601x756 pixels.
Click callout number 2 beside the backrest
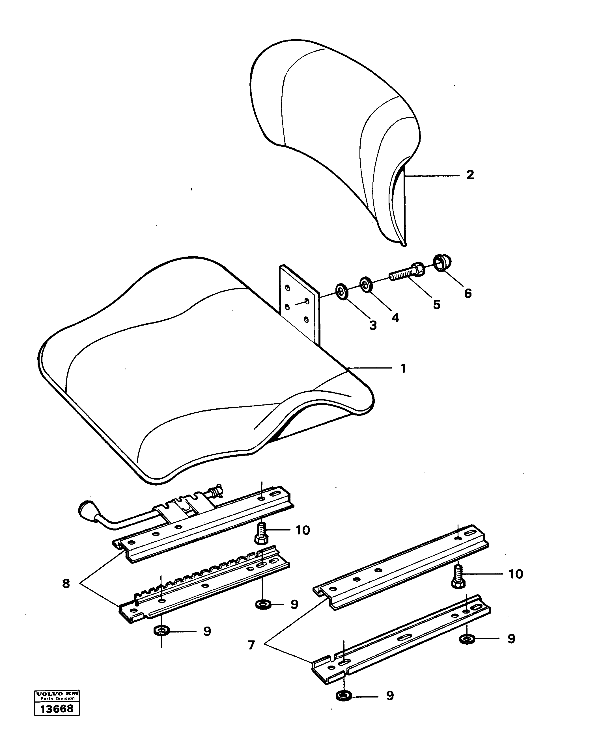click(x=470, y=175)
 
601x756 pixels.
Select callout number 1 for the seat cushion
click(x=403, y=368)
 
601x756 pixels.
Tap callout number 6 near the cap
click(x=468, y=293)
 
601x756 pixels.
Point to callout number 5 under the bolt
click(x=436, y=304)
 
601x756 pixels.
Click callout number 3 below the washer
click(x=373, y=325)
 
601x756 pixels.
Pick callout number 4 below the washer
click(x=395, y=318)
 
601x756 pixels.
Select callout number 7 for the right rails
click(x=251, y=645)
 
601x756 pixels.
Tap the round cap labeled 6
click(x=442, y=263)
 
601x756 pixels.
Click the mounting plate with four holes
click(x=299, y=302)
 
